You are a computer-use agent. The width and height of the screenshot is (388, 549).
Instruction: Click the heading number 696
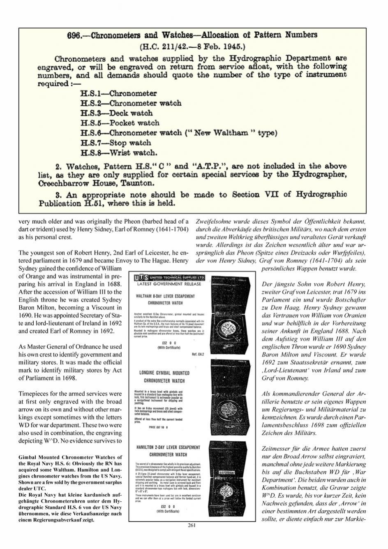tap(75, 35)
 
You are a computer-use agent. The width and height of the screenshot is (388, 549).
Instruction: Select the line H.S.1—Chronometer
tap(118, 93)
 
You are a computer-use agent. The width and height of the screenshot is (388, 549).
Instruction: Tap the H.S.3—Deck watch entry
tap(116, 113)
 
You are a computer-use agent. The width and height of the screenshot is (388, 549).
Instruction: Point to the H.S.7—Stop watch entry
tap(116, 143)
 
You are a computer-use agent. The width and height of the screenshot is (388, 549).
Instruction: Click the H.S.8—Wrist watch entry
tap(119, 153)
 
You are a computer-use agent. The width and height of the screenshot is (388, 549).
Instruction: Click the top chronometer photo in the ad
tap(231, 313)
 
